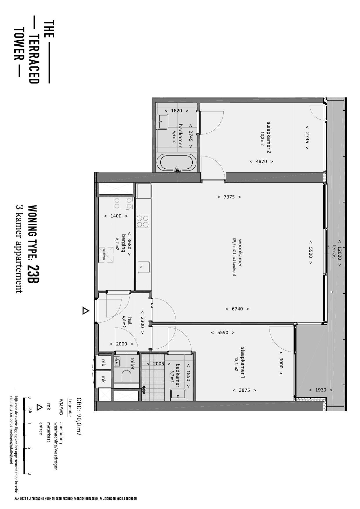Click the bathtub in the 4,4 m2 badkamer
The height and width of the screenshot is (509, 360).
click(x=176, y=162)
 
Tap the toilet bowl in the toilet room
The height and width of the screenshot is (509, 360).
click(x=126, y=376)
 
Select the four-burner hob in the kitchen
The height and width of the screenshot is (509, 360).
click(x=143, y=221)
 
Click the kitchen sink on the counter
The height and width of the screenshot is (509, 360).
click(x=144, y=267)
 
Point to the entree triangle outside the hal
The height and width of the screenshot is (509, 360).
click(x=85, y=311)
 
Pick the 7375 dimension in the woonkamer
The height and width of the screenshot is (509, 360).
click(x=229, y=197)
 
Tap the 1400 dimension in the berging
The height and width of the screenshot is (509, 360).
click(x=116, y=216)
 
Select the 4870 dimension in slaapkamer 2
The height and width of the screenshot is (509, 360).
click(x=261, y=161)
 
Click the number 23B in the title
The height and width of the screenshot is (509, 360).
click(x=34, y=274)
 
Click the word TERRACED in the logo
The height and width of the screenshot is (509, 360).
click(x=34, y=59)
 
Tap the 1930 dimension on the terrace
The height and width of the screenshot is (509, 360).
click(x=321, y=390)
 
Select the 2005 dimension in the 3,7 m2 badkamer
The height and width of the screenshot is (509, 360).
click(x=158, y=363)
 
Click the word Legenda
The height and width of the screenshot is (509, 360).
click(x=70, y=407)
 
